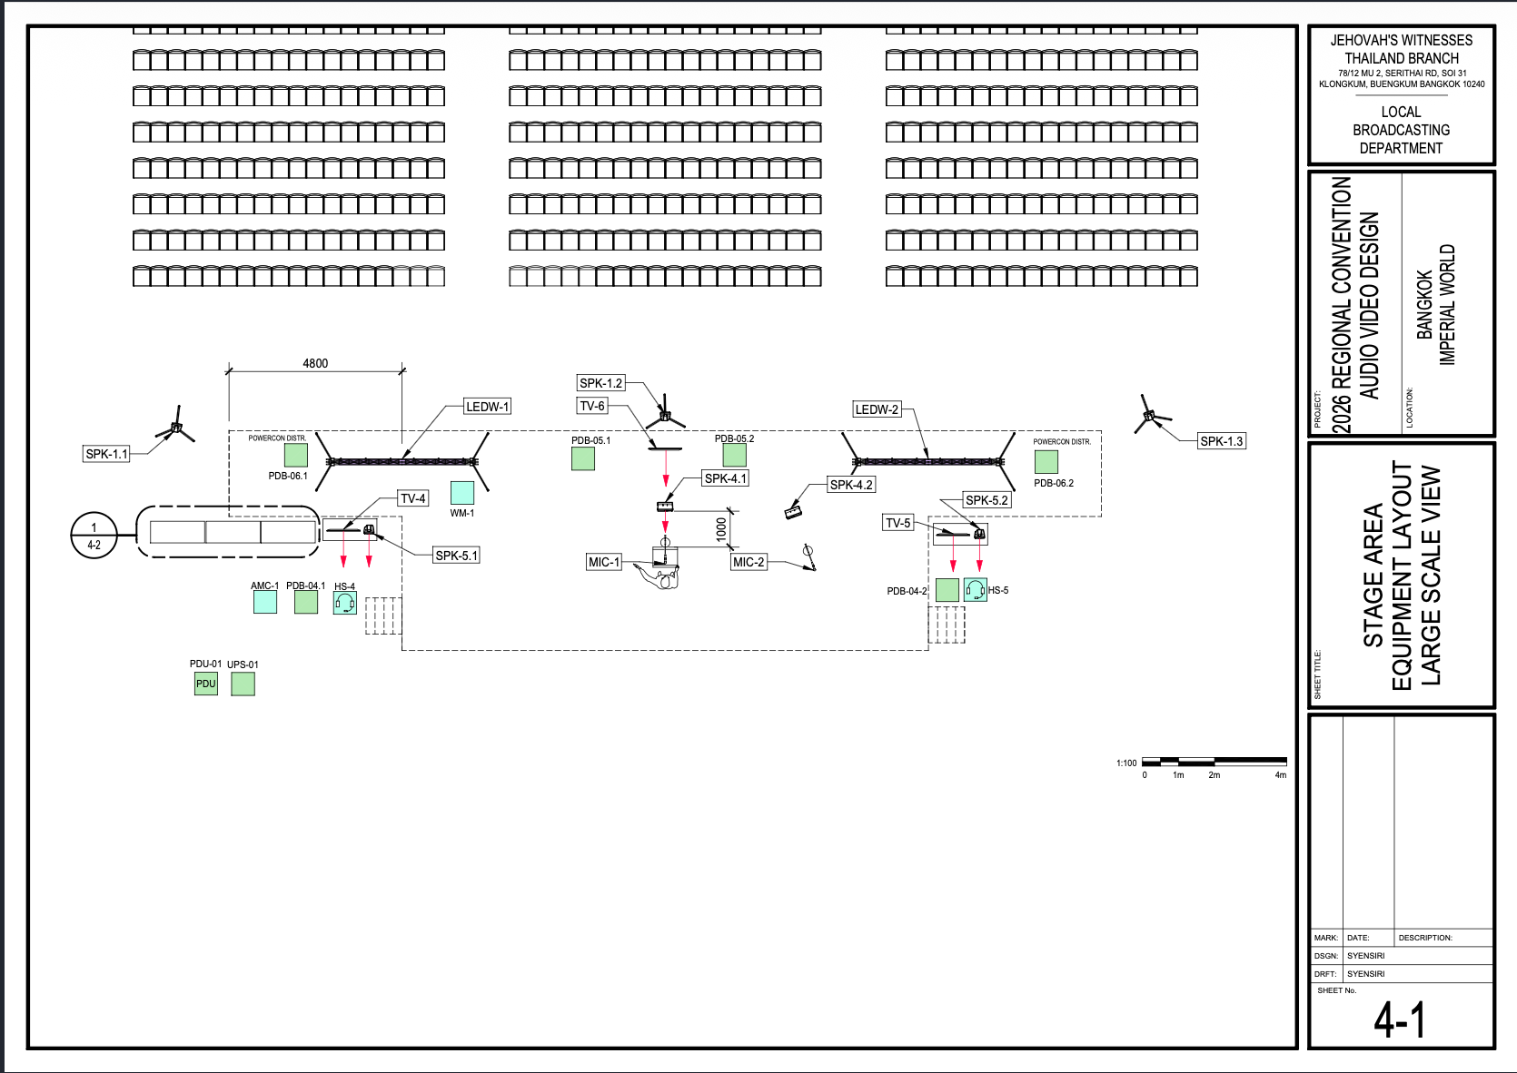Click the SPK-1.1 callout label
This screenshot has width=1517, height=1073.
(x=106, y=454)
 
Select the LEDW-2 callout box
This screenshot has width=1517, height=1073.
(x=877, y=409)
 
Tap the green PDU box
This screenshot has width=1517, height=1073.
(x=206, y=684)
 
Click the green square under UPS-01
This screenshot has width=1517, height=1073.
(x=243, y=684)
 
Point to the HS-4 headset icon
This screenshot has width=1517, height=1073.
(x=345, y=603)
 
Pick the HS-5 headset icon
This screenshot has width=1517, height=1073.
(x=976, y=590)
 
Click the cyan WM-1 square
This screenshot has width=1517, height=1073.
(x=462, y=493)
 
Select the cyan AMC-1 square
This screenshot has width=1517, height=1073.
(x=265, y=602)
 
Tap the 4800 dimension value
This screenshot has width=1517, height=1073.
(x=315, y=363)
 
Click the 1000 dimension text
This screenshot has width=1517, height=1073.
(x=721, y=528)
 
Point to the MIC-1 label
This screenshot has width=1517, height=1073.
(x=604, y=562)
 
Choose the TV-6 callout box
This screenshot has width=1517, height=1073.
(x=592, y=406)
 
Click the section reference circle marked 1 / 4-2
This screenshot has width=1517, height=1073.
(x=94, y=536)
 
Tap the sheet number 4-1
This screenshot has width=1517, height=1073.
(x=1400, y=1019)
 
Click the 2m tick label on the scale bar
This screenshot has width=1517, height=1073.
(x=1215, y=775)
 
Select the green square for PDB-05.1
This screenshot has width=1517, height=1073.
(x=583, y=458)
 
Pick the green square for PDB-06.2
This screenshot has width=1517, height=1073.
(x=1046, y=462)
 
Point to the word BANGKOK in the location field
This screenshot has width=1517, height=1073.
(x=1424, y=305)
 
